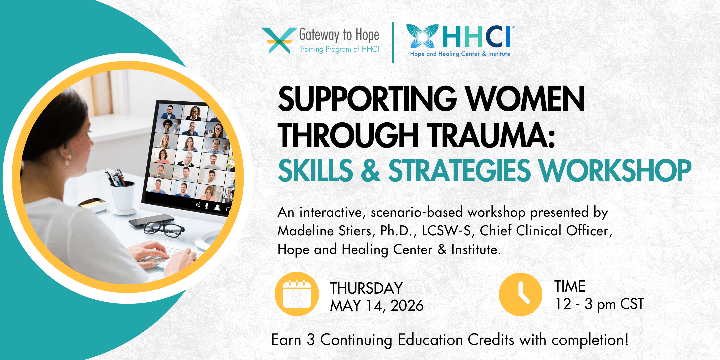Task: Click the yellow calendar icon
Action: tap(297, 294)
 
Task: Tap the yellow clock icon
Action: tap(520, 294)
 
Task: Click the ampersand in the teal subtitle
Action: tap(371, 171)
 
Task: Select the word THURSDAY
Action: tap(366, 288)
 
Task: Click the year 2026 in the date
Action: tap(407, 306)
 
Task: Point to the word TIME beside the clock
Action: tap(570, 286)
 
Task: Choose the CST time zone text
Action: tap(632, 304)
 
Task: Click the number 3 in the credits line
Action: tap(311, 340)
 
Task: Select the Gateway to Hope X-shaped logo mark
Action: tap(279, 40)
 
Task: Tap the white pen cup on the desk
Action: tap(123, 197)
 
